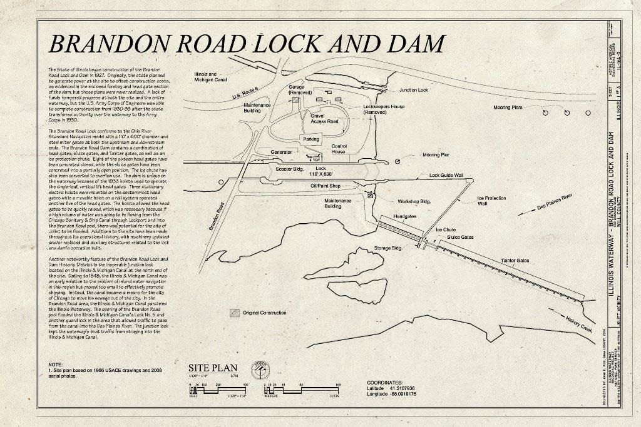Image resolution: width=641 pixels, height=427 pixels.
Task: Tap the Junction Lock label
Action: point(414,90)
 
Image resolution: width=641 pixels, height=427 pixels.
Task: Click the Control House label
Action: point(339,148)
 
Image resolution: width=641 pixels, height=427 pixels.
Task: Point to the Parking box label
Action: point(311,139)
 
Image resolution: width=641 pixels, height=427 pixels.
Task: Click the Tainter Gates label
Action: point(515,260)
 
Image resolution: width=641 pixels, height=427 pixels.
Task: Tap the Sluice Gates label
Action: point(460,238)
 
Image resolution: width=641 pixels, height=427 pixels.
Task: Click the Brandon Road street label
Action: point(217,216)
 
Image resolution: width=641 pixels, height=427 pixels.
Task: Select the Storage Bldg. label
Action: point(387,248)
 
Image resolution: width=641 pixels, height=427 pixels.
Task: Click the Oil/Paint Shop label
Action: point(325,186)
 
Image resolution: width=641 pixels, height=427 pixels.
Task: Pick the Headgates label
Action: point(404,216)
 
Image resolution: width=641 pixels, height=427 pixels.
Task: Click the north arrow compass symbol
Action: point(260,369)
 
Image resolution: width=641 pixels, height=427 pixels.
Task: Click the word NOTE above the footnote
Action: point(55,364)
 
